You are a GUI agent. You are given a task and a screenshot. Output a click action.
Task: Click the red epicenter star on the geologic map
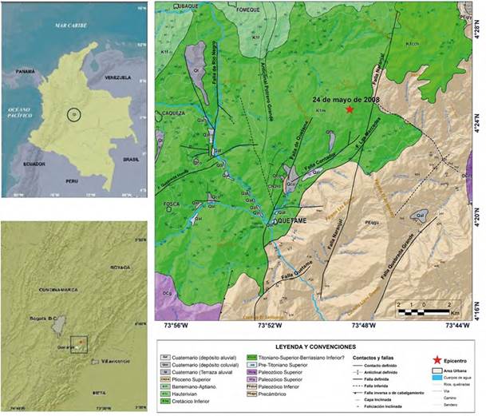[350, 110]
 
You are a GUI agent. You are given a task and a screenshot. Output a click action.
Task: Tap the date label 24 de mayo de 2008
[346, 100]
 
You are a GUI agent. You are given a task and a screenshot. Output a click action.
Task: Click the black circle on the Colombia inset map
[73, 115]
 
